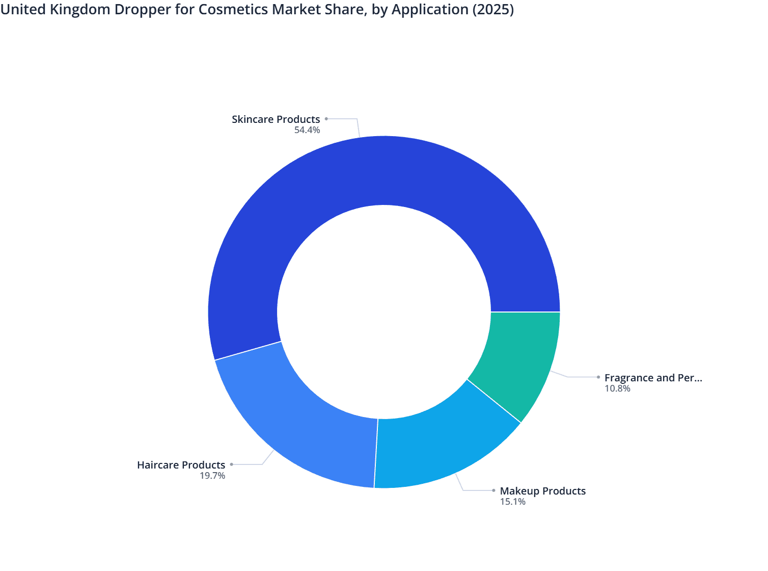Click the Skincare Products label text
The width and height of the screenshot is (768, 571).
(x=276, y=119)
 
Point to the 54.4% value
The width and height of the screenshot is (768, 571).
(x=307, y=130)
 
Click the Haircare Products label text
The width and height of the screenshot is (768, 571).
(x=181, y=465)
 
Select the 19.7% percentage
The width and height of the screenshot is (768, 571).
(x=212, y=476)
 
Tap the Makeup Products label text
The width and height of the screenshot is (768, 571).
(x=543, y=491)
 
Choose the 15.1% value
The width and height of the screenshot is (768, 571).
(x=513, y=502)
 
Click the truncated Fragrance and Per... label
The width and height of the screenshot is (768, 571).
(x=653, y=378)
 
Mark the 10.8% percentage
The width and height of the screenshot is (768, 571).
(x=617, y=388)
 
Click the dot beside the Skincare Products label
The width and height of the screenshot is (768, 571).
(x=326, y=119)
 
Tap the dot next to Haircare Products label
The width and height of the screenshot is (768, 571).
(x=231, y=464)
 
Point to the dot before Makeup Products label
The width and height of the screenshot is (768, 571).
(x=493, y=490)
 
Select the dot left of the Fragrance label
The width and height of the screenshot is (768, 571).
(x=598, y=377)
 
